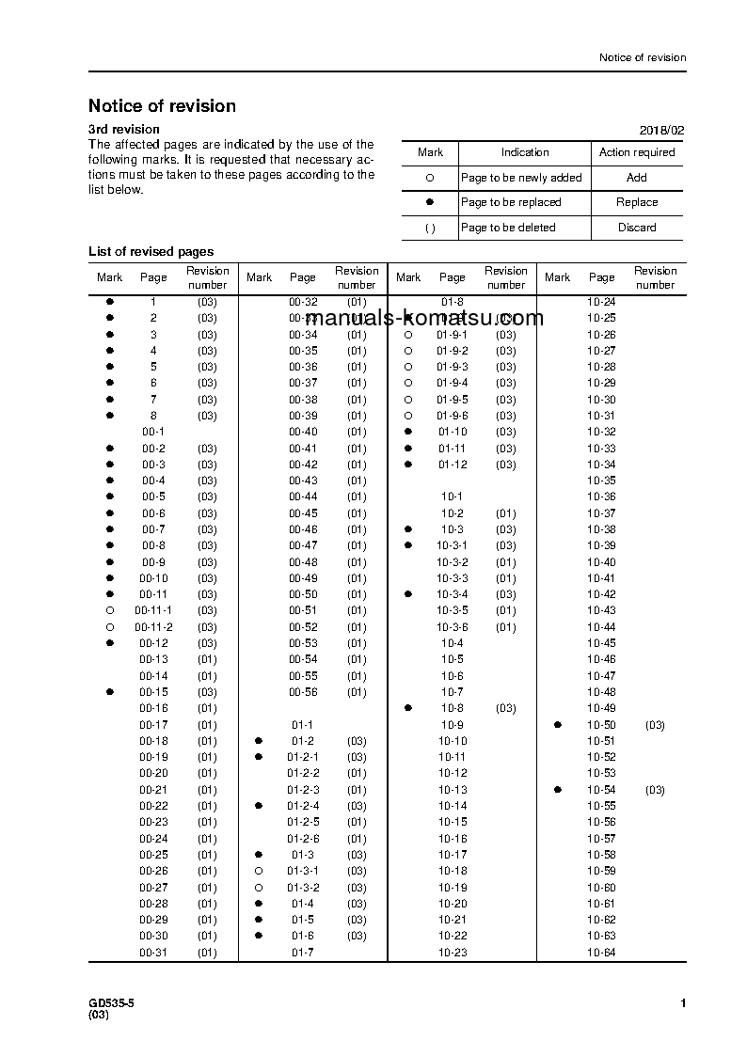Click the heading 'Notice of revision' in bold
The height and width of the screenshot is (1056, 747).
(162, 106)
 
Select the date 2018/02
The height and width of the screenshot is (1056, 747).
(662, 130)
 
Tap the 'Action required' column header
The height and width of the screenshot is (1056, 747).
(637, 152)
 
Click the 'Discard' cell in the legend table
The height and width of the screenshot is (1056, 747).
(637, 228)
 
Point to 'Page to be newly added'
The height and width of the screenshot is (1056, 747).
(521, 178)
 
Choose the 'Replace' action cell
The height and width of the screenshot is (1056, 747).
(637, 202)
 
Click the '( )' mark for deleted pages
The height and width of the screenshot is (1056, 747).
(430, 228)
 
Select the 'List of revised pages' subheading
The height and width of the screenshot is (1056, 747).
(151, 251)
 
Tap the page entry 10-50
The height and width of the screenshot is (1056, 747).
(601, 725)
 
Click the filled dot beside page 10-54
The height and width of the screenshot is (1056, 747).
(558, 790)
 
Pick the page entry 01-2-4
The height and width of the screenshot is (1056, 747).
(303, 806)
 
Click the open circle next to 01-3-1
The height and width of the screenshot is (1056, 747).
(259, 871)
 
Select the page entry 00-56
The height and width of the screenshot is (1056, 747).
(303, 692)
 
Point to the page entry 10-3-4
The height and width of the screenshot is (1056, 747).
(452, 594)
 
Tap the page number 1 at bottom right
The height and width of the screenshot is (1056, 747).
(683, 1004)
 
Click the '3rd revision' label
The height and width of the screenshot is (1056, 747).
(124, 129)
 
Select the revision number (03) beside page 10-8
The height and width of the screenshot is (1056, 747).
(505, 708)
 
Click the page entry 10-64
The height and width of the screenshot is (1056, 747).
(601, 953)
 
